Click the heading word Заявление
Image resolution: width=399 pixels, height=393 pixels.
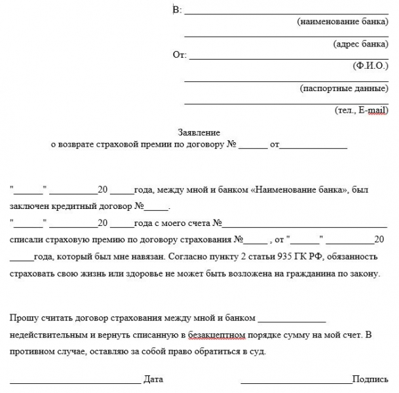(x=199, y=132)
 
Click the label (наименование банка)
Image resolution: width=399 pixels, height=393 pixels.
(x=343, y=22)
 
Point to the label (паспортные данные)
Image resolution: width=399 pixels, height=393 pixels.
(x=344, y=88)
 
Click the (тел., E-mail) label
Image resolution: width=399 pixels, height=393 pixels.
(x=361, y=110)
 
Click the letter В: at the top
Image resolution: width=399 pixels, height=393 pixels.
(x=177, y=10)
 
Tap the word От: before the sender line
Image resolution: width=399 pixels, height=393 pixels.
(x=180, y=54)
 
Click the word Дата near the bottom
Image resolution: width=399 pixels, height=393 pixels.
(x=153, y=379)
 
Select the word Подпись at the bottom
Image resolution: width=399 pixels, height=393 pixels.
(x=370, y=379)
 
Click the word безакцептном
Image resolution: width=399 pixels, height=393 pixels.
(x=217, y=335)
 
